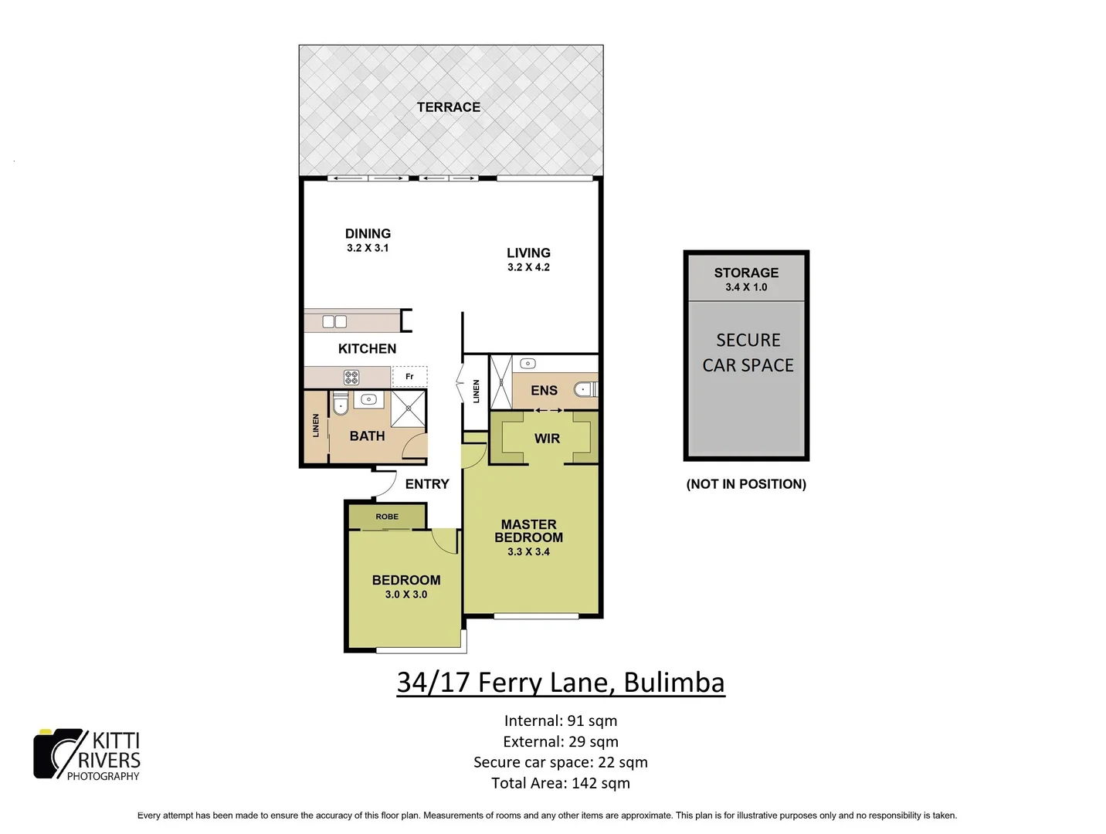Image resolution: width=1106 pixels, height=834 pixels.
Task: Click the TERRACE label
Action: pos(448,107)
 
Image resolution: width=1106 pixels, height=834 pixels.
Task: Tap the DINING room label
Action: pos(368,233)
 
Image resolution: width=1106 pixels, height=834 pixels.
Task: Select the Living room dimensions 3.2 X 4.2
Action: pos(528,267)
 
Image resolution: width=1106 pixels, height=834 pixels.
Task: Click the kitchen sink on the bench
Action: pos(334,322)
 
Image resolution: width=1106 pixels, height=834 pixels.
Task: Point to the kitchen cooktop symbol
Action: pos(351,377)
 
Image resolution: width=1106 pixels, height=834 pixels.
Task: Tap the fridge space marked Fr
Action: pos(409,377)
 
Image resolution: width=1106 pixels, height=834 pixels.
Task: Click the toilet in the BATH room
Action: pos(340,404)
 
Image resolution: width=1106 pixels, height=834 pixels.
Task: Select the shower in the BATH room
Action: pos(408,409)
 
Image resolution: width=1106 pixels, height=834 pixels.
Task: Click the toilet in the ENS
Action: pos(585,390)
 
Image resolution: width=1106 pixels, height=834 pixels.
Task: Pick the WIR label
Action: pos(547,439)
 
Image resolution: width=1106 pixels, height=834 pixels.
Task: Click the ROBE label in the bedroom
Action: pos(387,517)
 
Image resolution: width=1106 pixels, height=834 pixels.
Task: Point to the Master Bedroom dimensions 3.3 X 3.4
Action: pos(528,552)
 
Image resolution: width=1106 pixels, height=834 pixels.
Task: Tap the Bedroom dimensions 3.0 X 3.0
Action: pos(405,595)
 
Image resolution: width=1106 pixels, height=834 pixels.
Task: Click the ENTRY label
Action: pos(427,484)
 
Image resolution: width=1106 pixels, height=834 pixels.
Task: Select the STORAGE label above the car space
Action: pos(746,273)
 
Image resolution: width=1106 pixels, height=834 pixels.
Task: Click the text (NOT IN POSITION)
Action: pos(746,484)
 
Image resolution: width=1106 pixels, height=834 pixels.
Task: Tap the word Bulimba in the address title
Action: pos(673,683)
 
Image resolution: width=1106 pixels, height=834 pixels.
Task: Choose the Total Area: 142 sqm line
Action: pos(560,783)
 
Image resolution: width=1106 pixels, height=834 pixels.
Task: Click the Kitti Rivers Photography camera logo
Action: pos(57,754)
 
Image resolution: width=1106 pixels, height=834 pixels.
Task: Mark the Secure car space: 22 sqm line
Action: pos(560,762)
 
